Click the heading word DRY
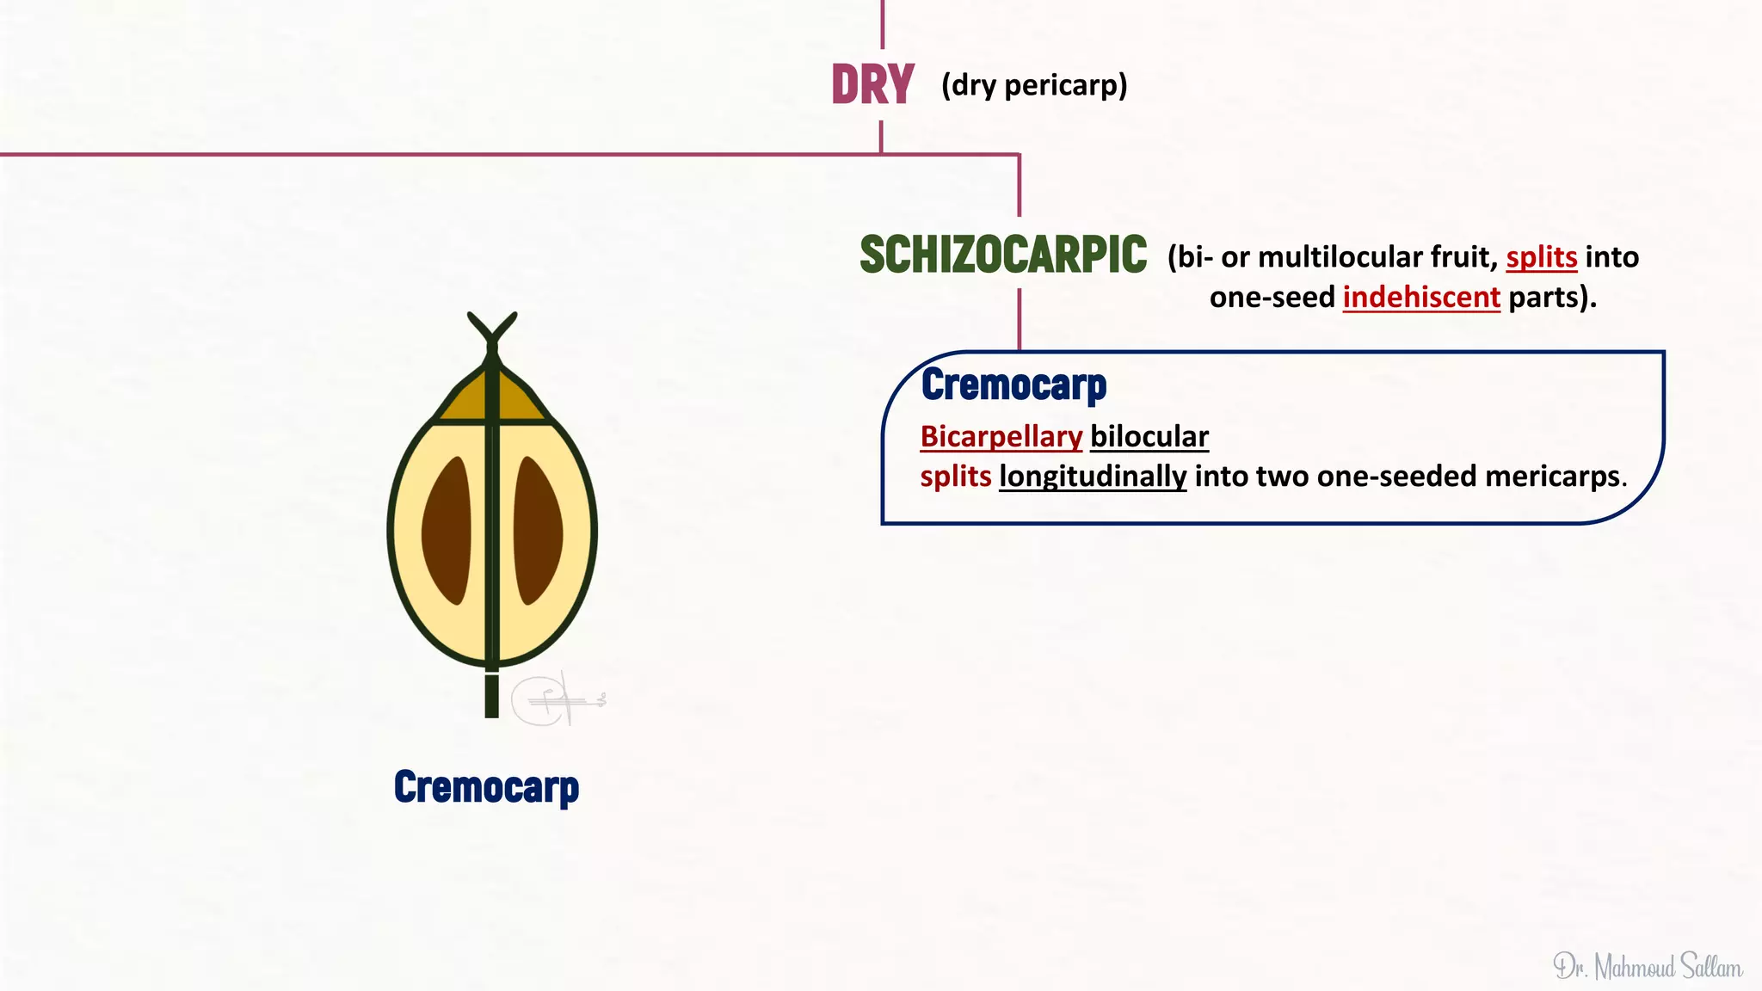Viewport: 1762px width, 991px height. tap(872, 85)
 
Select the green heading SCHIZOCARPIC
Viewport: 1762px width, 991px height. tap(1003, 255)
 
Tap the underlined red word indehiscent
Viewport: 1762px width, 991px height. tap(1421, 297)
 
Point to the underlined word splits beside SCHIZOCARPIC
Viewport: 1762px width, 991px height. tap(1541, 256)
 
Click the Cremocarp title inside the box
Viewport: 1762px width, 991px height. tap(1013, 385)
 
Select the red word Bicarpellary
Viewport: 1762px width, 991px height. tap(1001, 436)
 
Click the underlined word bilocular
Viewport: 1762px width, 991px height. tap(1149, 436)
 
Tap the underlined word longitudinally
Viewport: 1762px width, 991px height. tap(1093, 476)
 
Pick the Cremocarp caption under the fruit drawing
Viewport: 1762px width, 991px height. tap(486, 786)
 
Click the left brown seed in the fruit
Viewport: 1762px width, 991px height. tap(447, 530)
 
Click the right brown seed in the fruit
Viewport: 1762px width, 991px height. tap(538, 530)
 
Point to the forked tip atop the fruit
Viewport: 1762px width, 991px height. tap(492, 329)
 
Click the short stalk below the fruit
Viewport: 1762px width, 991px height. tap(492, 695)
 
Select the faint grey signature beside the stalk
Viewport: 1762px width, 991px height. tap(555, 699)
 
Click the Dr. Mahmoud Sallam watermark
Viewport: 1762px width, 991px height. tap(1647, 967)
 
